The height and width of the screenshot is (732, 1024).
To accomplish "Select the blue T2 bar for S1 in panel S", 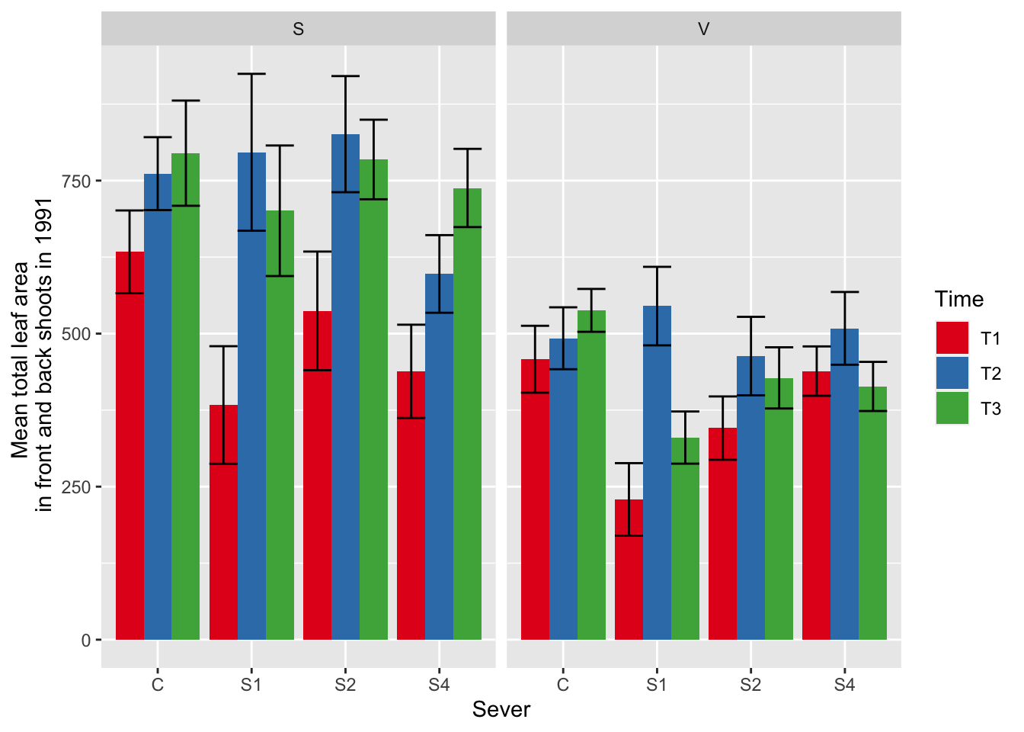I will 251,396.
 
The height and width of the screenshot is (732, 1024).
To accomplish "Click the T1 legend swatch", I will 952,338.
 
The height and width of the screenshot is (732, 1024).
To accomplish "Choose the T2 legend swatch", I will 952,373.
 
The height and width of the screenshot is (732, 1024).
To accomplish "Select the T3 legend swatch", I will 952,408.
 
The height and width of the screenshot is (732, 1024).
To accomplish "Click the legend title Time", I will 959,299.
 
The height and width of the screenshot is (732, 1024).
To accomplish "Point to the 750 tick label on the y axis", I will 75,181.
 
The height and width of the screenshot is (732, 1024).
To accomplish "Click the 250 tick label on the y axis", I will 75,486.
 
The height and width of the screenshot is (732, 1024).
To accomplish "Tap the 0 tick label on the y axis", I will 85,640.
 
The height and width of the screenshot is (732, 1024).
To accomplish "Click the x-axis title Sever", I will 501,710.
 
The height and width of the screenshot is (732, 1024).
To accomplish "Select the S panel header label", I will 298,29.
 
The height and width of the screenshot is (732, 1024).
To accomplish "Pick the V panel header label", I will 703,29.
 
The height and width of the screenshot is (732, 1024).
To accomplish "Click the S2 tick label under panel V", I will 750,685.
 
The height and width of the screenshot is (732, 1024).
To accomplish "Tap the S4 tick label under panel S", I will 439,685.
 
